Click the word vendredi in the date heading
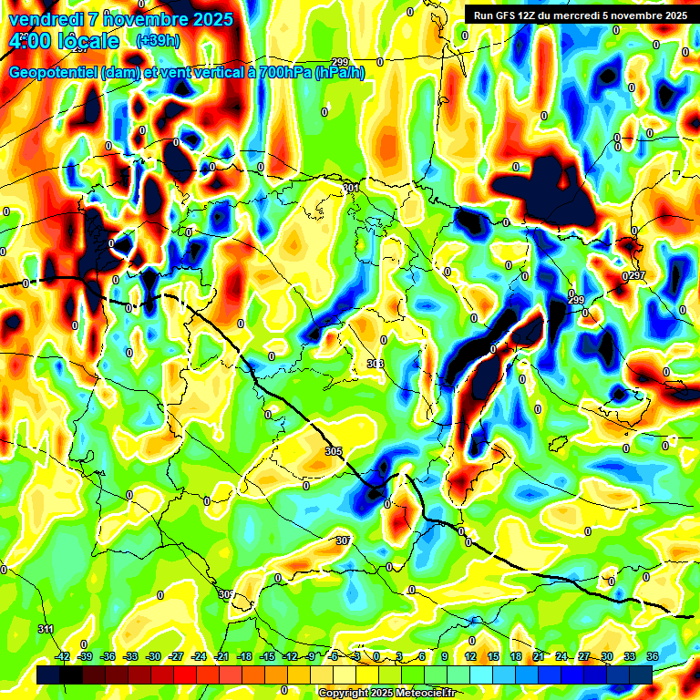tap(45, 18)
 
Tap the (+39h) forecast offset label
tap(158, 40)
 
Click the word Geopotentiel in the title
tap(53, 73)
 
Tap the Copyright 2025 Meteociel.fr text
tap(386, 693)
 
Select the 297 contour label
tap(636, 275)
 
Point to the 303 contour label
tap(375, 364)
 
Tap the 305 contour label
tap(333, 451)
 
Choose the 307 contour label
tap(343, 540)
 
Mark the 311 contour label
tap(46, 629)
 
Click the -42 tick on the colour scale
tap(63, 655)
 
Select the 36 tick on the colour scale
tap(652, 655)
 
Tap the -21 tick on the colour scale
tap(221, 655)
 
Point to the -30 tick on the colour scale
tap(153, 655)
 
